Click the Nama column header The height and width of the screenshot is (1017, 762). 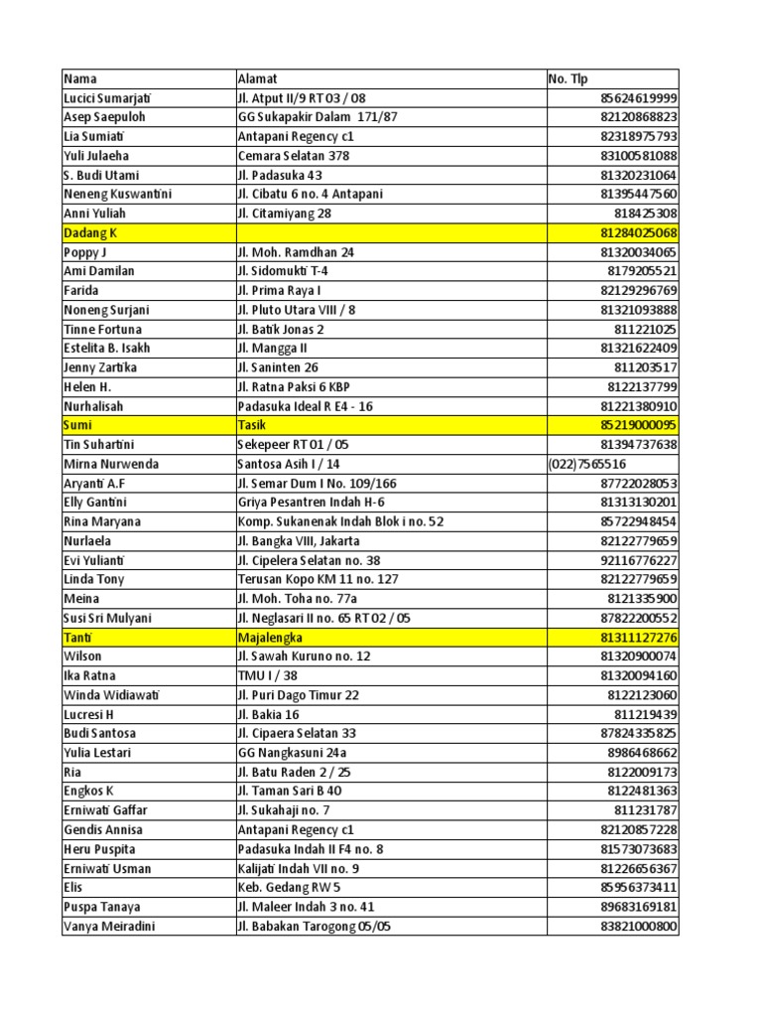81,78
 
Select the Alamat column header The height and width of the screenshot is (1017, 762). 258,78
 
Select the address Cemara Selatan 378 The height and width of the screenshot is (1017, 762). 296,156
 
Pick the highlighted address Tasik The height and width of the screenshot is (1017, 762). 252,425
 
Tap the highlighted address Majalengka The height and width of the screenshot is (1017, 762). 270,637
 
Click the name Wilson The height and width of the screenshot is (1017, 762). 83,655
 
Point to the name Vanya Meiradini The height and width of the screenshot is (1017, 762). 109,926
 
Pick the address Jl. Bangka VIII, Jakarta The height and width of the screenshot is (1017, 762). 299,541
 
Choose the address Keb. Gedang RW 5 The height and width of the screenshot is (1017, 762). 289,887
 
